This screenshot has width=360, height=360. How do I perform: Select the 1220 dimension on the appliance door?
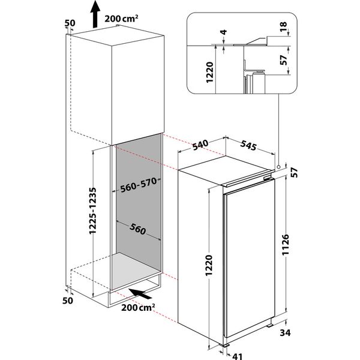coord(206,265)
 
